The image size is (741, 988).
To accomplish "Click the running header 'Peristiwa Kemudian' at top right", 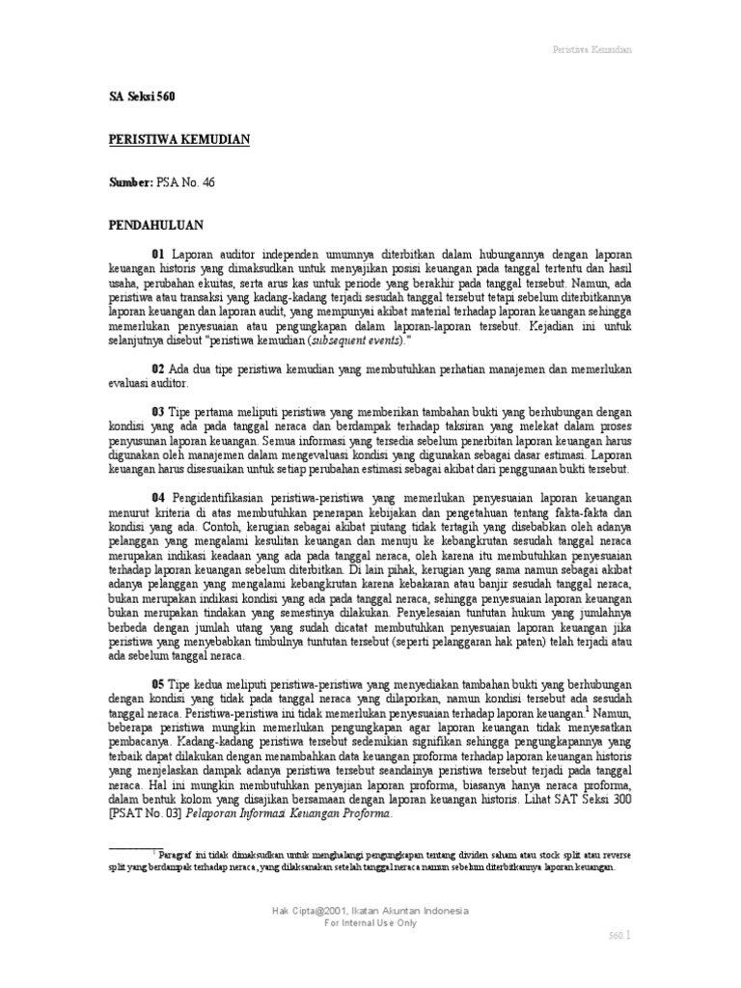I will (x=590, y=49).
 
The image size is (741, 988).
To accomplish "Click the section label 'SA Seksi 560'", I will (x=141, y=97).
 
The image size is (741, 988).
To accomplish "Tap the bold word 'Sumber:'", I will (x=128, y=182).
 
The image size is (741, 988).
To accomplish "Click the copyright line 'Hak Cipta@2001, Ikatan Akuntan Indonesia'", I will (x=370, y=911).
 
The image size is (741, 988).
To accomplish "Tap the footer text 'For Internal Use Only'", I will (x=370, y=923).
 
